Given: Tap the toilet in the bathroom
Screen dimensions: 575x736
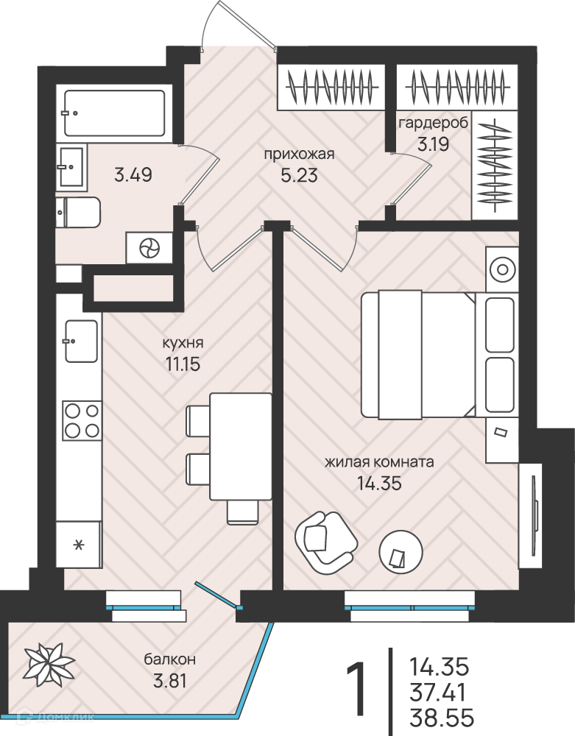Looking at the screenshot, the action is (x=77, y=212).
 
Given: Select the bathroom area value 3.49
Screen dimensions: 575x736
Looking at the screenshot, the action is (x=133, y=176).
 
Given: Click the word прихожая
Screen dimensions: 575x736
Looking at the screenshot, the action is (x=299, y=155).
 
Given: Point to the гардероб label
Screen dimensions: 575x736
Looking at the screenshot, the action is (x=433, y=123).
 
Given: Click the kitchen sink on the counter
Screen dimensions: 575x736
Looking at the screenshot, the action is (x=81, y=342).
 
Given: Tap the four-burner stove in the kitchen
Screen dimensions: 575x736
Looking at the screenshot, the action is (x=82, y=420).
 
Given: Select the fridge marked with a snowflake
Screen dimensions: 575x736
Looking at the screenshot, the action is (x=79, y=545).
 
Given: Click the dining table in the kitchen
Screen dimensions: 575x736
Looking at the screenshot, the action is (x=241, y=447).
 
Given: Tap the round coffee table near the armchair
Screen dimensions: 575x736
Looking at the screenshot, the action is (x=401, y=551).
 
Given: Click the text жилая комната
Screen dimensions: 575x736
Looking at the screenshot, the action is (x=379, y=462).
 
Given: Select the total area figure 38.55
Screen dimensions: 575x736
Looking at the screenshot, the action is (x=442, y=718).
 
